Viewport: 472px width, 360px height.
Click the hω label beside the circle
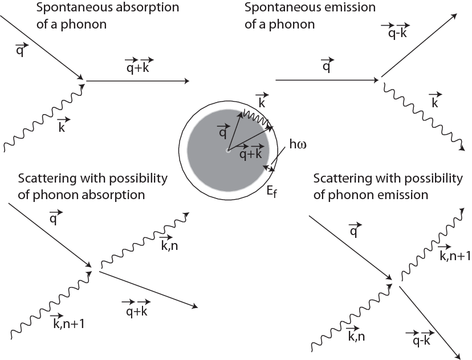point(298,144)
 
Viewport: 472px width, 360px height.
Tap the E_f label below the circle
point(271,191)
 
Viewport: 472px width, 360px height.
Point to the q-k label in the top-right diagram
point(396,31)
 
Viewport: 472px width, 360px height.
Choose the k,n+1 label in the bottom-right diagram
point(454,254)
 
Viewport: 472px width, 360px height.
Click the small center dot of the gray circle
point(228,150)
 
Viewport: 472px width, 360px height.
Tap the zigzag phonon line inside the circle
point(256,118)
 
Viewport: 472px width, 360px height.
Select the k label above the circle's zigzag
point(262,101)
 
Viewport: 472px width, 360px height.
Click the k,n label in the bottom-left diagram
point(169,243)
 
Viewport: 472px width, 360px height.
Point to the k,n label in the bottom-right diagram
point(356,334)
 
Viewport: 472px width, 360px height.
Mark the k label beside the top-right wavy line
point(436,100)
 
